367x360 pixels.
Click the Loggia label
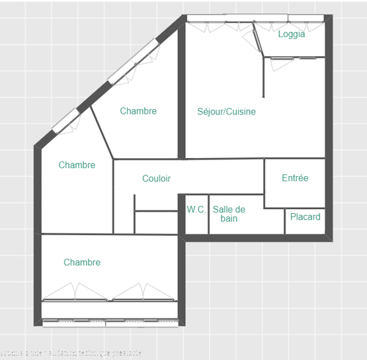pyautogui.click(x=292, y=34)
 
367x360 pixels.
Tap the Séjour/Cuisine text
pyautogui.click(x=226, y=112)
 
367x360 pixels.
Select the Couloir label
pyautogui.click(x=156, y=179)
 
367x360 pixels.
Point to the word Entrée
pyautogui.click(x=295, y=178)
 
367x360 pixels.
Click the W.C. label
pyautogui.click(x=196, y=209)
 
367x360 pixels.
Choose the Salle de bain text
pyautogui.click(x=229, y=214)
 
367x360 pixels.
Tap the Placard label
pyautogui.click(x=305, y=216)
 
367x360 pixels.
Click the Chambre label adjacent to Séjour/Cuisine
pyautogui.click(x=138, y=111)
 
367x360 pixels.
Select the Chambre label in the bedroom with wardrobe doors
pyautogui.click(x=82, y=263)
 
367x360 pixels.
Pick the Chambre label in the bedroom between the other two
pyautogui.click(x=77, y=165)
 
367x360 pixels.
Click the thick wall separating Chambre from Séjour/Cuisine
pyautogui.click(x=182, y=93)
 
